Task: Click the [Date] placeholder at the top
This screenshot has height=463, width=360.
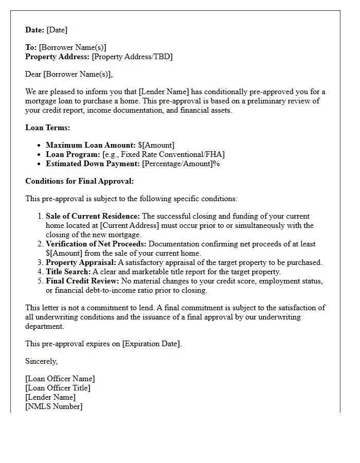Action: (x=57, y=30)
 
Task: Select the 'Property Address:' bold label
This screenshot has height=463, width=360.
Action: (x=58, y=57)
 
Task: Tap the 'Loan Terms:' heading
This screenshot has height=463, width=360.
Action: (x=48, y=128)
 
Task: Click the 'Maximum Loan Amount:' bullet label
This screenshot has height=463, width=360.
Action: (x=91, y=145)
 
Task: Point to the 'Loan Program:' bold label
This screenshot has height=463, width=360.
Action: (x=73, y=154)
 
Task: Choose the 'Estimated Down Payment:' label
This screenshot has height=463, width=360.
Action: (x=93, y=164)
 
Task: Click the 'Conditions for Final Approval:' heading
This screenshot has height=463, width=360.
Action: (x=79, y=181)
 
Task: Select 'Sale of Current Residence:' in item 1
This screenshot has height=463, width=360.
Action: (x=93, y=216)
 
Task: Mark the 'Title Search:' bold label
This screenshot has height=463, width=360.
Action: (x=68, y=272)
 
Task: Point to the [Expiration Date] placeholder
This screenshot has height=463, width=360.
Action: (x=152, y=344)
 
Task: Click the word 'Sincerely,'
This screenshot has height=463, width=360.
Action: (x=41, y=361)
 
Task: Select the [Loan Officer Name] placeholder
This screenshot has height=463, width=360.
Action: (x=60, y=379)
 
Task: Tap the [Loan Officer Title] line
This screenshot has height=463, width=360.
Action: (x=58, y=388)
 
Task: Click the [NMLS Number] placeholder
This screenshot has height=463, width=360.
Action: (x=53, y=406)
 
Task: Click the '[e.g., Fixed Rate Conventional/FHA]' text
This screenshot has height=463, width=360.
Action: (x=164, y=154)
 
